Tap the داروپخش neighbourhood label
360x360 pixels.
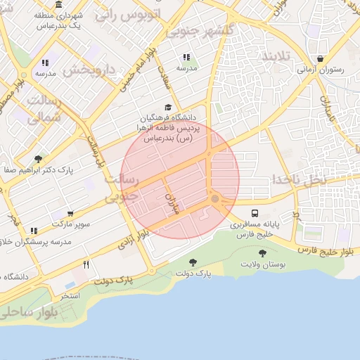tap(89, 70)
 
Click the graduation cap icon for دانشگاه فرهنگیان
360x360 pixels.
tap(167, 106)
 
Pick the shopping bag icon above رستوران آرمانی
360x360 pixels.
tap(321, 59)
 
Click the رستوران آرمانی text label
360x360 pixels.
tap(320, 70)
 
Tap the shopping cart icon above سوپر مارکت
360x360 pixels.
tap(70, 214)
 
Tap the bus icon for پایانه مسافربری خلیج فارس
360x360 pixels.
tap(254, 214)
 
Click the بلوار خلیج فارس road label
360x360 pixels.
tap(324, 249)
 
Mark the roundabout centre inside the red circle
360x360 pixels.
tap(214, 199)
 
